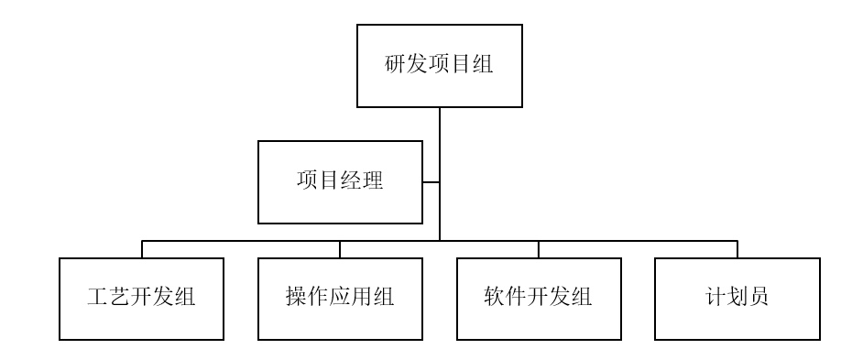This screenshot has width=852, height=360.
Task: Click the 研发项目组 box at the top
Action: point(439,66)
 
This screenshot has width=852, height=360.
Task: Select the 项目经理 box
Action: point(340,181)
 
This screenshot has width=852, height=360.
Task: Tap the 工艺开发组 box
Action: point(142,299)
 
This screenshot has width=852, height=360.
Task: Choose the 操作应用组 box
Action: point(340,299)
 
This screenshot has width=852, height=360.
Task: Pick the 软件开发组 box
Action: point(539,299)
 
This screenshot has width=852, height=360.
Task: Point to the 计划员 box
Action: point(737,299)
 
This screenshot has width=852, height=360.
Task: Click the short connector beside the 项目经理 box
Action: point(431,181)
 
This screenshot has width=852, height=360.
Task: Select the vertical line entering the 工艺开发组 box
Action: point(142,249)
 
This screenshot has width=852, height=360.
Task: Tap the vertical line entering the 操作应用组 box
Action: point(340,249)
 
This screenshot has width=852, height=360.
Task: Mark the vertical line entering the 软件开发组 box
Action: point(539,249)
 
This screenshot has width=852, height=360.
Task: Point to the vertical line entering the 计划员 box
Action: point(737,249)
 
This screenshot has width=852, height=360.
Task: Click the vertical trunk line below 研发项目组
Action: point(440,147)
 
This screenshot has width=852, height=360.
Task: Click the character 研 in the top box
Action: point(395,66)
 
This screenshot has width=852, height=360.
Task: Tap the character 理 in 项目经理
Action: point(373,181)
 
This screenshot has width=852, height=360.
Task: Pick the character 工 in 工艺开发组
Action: point(98,299)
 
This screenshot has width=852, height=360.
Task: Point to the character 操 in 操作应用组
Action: point(296,299)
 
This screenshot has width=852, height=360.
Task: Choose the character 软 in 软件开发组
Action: point(495,299)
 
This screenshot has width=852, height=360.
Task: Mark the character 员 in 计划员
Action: point(759,299)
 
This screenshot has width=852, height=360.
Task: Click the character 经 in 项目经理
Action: point(351,181)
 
